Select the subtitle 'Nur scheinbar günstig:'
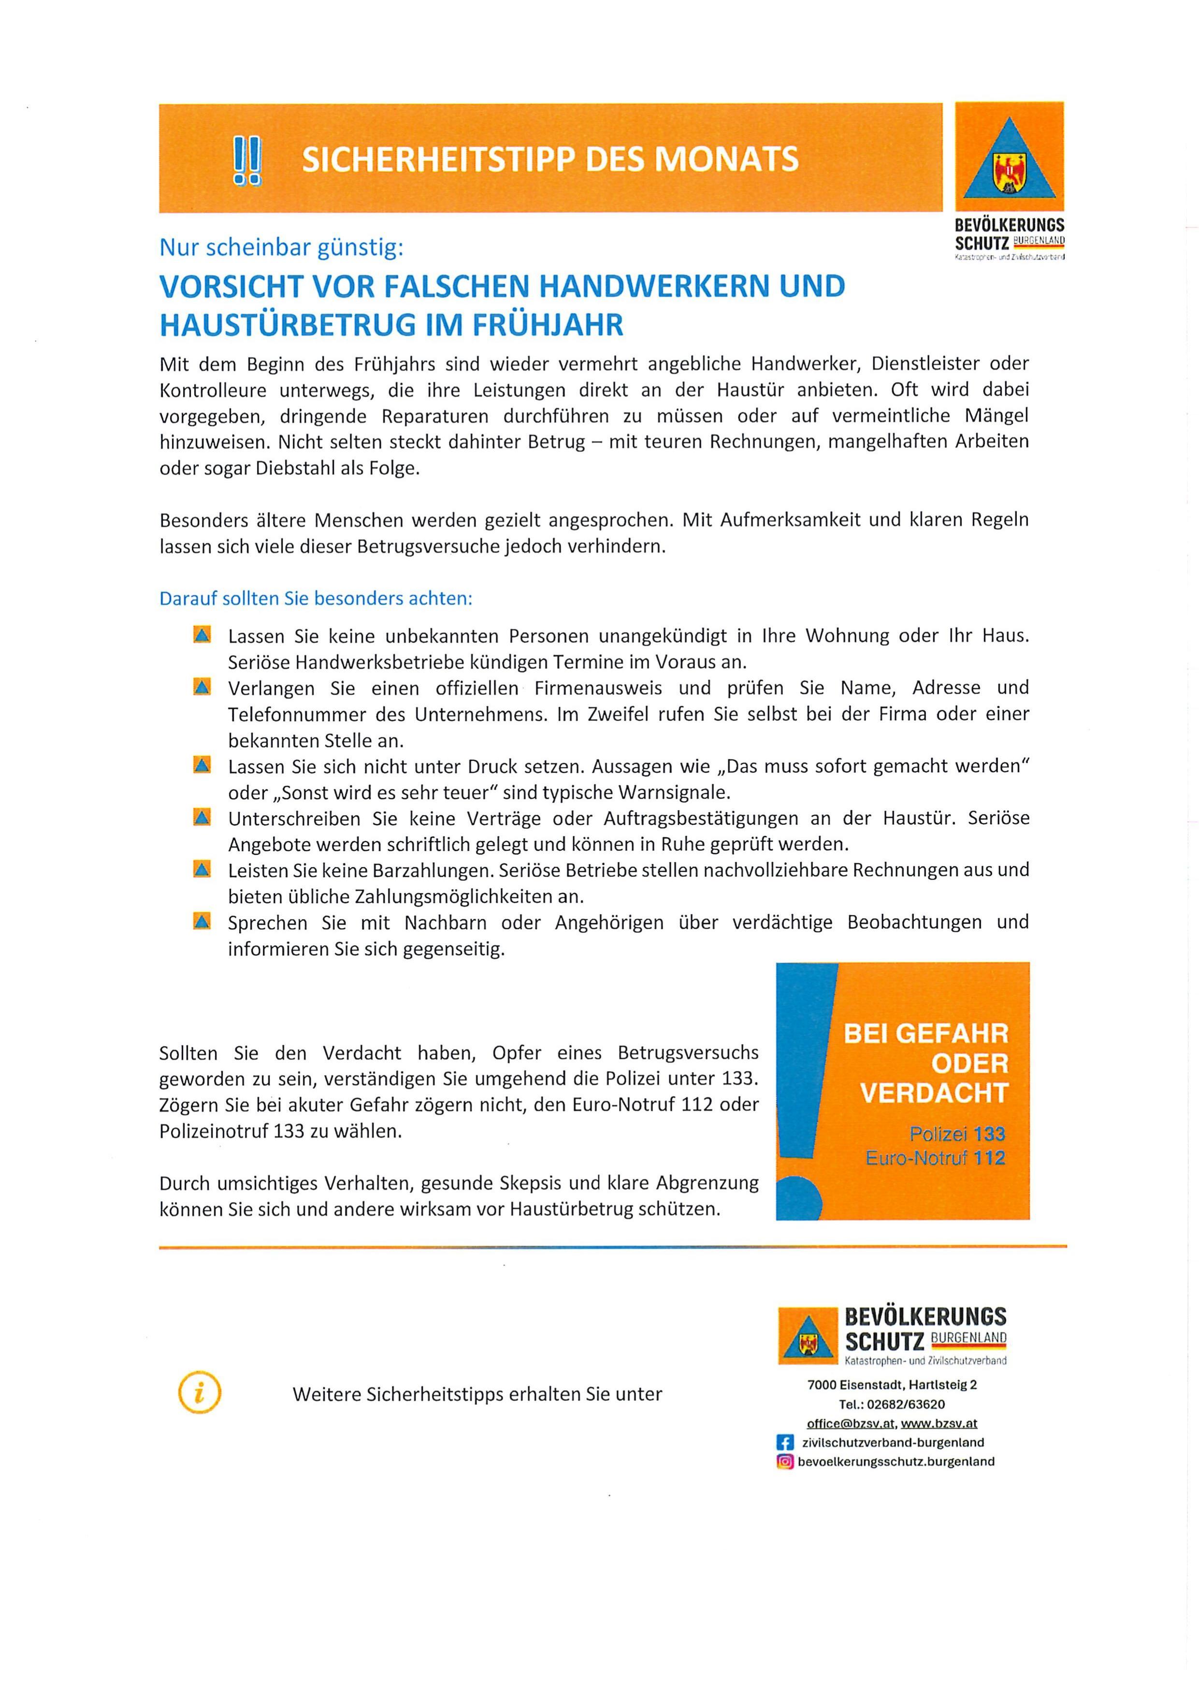point(281,248)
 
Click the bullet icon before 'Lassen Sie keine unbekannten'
point(202,635)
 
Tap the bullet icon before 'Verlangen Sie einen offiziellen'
point(202,687)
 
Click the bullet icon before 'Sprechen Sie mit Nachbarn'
point(202,921)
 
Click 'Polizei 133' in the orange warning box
point(957,1134)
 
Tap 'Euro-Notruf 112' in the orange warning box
point(936,1158)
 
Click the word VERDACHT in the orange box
point(934,1093)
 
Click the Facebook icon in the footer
point(785,1442)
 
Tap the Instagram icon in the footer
point(785,1462)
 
